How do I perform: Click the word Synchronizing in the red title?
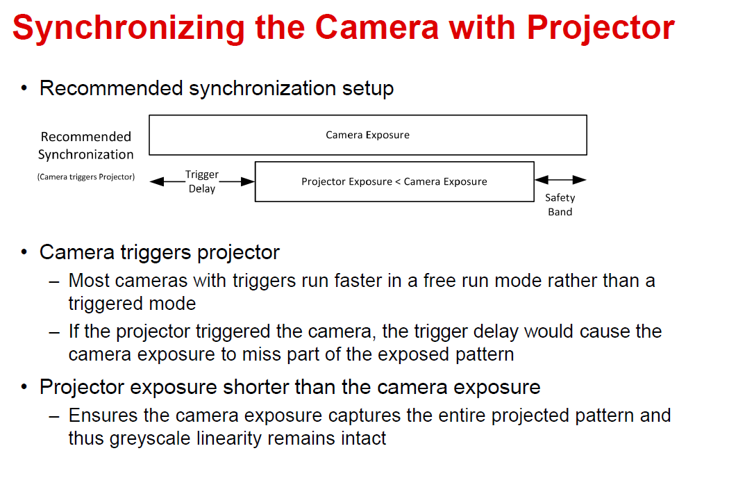pos(128,28)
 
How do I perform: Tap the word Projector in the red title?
pos(601,28)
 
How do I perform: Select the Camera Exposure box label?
pos(367,135)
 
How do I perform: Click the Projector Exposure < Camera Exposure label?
pos(394,181)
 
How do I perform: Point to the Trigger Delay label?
pos(202,181)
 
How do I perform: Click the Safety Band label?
pos(560,205)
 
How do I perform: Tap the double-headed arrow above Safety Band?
pos(561,180)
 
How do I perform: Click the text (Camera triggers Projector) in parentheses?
pos(86,177)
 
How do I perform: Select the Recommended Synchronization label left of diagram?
pos(86,145)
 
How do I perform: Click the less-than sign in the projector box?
pos(398,182)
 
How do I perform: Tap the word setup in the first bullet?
pos(368,88)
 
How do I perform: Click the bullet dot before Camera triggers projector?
pos(24,252)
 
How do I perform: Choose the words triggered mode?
pos(132,304)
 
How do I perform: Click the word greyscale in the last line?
pos(150,439)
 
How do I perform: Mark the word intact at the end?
pos(364,438)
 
